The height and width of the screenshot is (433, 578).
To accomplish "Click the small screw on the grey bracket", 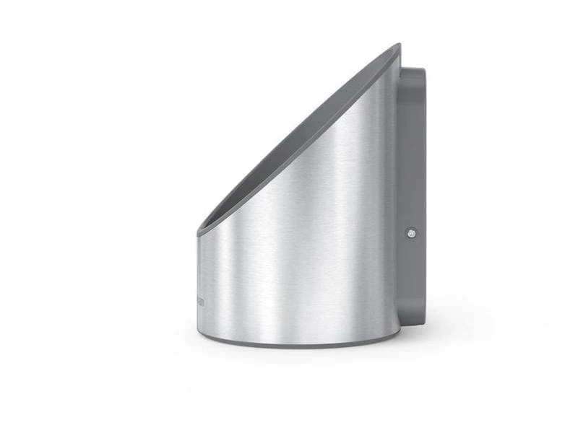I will (x=411, y=232).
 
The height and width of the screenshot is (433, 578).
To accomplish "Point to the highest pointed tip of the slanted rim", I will (x=399, y=45).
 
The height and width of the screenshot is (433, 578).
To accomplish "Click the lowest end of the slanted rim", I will (x=199, y=232).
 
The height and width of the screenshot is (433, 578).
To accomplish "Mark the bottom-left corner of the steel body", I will (x=199, y=329).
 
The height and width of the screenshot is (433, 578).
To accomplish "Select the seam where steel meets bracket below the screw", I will (x=400, y=281).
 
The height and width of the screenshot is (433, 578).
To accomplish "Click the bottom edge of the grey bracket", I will (x=412, y=325).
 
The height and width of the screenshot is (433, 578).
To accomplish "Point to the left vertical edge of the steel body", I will (x=197, y=281).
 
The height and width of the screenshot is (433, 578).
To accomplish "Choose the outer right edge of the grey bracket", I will (x=426, y=195).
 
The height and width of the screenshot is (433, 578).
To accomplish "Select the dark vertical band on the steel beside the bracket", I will (x=391, y=216).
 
